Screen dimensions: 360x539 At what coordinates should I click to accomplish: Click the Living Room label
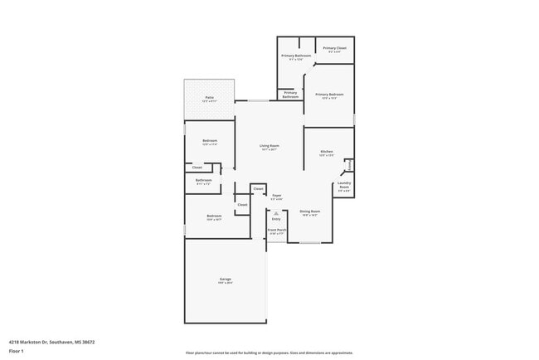[270, 146]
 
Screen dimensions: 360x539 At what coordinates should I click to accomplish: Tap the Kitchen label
[327, 151]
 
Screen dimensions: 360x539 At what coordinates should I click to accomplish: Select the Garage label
[225, 279]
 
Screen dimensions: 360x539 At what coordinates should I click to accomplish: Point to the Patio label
[209, 98]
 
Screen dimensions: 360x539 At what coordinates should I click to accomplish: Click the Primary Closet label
[335, 49]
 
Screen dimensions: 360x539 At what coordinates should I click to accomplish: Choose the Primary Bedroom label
[329, 95]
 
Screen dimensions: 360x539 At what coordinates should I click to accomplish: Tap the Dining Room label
[310, 212]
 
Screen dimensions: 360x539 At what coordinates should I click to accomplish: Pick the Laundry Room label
[344, 185]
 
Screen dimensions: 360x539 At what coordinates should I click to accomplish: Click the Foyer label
[276, 195]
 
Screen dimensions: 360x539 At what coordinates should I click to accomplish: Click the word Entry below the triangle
[276, 219]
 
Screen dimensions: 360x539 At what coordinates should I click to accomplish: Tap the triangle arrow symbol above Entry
[276, 212]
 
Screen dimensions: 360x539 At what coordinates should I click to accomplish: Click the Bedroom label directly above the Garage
[214, 216]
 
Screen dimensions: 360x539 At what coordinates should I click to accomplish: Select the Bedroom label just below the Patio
[210, 141]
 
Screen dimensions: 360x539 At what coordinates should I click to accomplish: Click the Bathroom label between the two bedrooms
[204, 180]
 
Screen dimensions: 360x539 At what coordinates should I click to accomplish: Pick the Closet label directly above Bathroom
[197, 168]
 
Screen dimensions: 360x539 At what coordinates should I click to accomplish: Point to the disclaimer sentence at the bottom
[269, 353]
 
